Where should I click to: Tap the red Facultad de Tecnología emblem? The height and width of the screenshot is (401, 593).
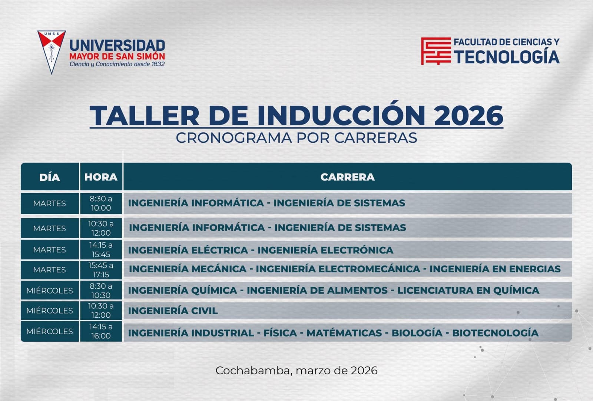coord(436,51)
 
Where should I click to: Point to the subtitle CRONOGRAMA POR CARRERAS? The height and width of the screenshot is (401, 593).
coord(296,138)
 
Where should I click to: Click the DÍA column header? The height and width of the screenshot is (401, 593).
coord(50,177)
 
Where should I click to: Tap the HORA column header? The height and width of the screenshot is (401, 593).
coord(101,177)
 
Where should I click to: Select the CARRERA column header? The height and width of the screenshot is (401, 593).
coord(347,177)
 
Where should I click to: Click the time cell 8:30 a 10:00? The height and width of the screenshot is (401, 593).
coord(101,203)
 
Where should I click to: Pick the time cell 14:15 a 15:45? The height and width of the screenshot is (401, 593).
coord(101,249)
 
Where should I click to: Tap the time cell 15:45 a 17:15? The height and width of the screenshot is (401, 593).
coord(101,270)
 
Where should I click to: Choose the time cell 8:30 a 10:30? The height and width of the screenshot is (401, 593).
coord(101,291)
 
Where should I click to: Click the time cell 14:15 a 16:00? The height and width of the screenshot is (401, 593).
coord(101,331)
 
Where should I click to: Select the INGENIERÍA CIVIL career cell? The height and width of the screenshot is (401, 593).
coord(173,311)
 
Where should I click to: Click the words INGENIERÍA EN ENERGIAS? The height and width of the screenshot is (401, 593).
coord(495,269)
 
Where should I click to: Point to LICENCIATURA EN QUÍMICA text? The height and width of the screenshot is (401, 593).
coord(468,290)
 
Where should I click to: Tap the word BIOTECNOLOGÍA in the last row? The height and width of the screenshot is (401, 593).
coord(495,333)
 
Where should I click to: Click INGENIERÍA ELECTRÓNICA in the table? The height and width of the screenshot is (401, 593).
coord(325,250)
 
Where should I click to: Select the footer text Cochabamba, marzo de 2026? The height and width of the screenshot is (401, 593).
coord(296,370)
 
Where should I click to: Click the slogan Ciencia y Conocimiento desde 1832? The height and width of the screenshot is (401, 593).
coord(117,64)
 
